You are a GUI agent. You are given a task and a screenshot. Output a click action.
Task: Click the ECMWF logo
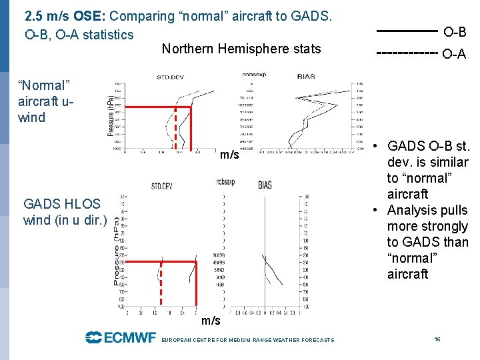click(x=121, y=337)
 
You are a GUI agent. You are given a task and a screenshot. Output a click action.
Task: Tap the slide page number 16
click(x=437, y=339)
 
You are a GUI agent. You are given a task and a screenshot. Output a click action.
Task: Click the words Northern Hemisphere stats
click(x=241, y=49)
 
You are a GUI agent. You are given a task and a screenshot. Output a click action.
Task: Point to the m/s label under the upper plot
click(x=229, y=155)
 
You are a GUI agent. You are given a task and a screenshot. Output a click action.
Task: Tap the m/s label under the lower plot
click(x=211, y=321)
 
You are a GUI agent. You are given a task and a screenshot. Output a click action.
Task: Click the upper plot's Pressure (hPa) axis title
click(x=111, y=115)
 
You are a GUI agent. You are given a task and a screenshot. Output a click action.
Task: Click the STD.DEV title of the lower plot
click(x=162, y=186)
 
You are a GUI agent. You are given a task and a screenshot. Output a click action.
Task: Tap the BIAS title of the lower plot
click(x=265, y=185)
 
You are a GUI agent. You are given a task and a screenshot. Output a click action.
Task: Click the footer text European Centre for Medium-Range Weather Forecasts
click(x=248, y=340)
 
